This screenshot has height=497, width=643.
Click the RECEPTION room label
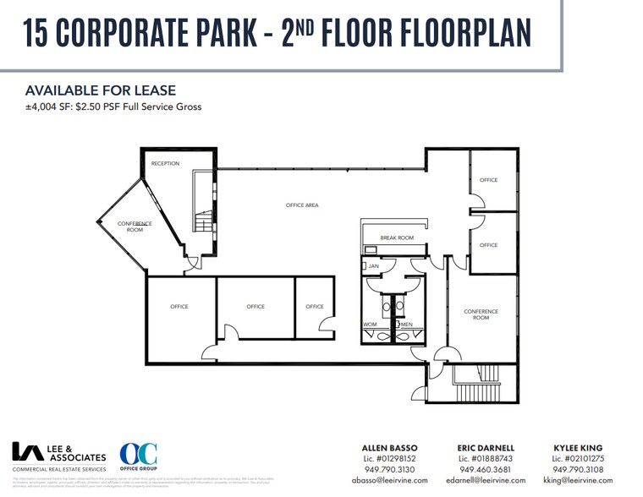point(165,163)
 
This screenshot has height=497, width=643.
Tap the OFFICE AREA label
point(301,205)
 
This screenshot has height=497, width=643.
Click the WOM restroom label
point(371,324)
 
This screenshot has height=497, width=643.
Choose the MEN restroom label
point(406,324)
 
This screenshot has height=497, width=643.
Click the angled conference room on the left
point(133,227)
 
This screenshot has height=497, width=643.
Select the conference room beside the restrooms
point(481,314)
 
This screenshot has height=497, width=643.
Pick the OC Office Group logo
point(137,459)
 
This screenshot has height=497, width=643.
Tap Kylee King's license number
point(580,458)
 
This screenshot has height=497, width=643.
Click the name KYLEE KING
point(580,447)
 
